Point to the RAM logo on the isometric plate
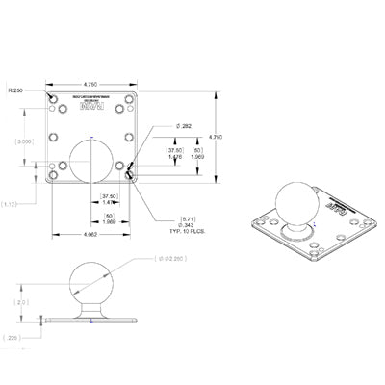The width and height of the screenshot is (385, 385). [337, 207]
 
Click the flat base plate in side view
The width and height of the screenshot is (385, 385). [90, 321]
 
